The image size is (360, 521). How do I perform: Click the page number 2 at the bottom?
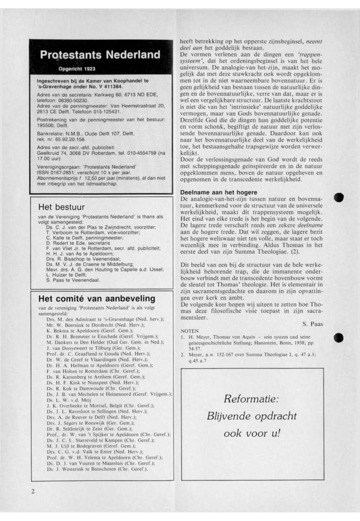pyautogui.click(x=33, y=491)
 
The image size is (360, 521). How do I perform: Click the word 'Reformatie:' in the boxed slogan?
pyautogui.click(x=251, y=399)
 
